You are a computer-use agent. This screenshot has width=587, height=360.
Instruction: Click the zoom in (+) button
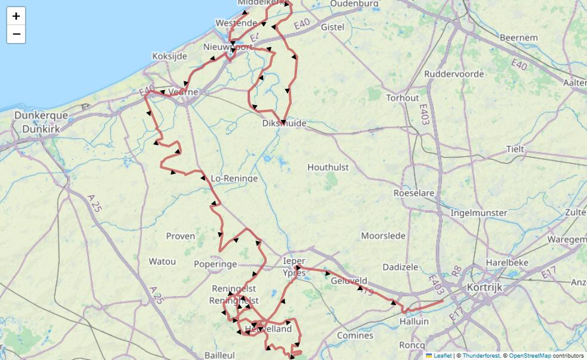(x=16, y=16)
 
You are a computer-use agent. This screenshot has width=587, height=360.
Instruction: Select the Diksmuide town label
(x=285, y=124)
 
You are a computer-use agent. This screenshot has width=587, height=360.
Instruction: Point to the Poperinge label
(x=215, y=264)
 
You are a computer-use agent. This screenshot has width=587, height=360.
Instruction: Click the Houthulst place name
(x=328, y=168)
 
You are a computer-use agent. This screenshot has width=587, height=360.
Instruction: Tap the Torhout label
(x=403, y=98)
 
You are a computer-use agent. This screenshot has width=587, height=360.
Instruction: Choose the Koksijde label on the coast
(x=170, y=56)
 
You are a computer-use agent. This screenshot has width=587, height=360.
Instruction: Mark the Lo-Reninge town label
(x=234, y=179)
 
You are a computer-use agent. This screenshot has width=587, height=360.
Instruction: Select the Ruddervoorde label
(x=454, y=74)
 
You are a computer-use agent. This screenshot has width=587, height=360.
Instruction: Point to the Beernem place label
(x=518, y=38)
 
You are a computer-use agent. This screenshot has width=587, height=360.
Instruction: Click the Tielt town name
(x=515, y=149)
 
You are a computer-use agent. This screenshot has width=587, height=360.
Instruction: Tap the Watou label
(x=162, y=261)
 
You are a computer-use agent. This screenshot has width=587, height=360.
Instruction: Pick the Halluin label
(x=414, y=321)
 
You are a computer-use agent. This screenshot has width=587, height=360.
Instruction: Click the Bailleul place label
(x=220, y=355)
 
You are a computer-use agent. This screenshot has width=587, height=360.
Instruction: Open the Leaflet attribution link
(x=441, y=356)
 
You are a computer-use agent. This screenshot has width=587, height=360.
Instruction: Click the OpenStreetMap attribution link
(x=530, y=356)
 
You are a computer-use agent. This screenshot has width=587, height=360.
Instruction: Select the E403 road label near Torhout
(x=424, y=114)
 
